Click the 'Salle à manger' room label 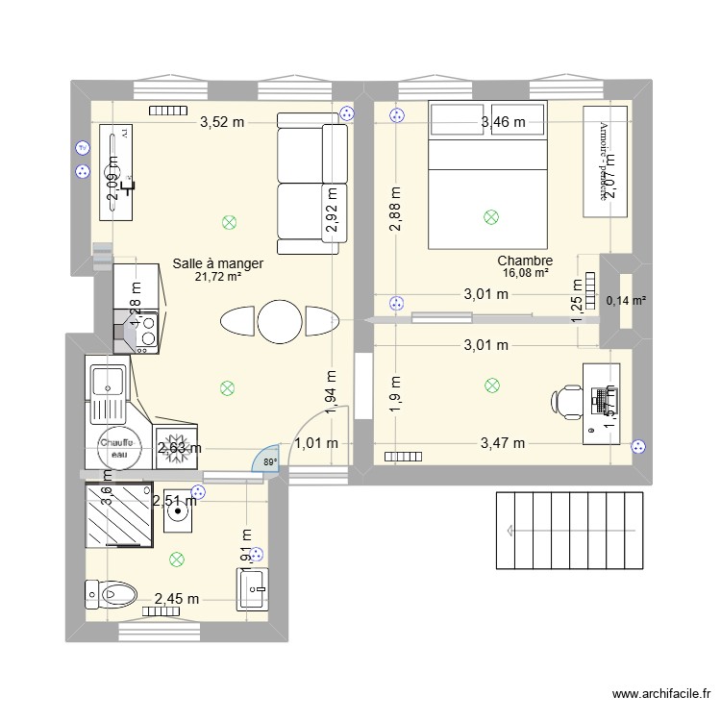217,262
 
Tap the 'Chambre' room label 524,261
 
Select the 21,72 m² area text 217,277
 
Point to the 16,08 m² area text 524,273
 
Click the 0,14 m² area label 626,301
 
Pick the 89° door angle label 270,462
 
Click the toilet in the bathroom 112,592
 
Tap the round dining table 280,321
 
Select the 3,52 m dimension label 222,122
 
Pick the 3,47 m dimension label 503,443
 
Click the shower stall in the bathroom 119,515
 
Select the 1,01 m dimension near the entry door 316,443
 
